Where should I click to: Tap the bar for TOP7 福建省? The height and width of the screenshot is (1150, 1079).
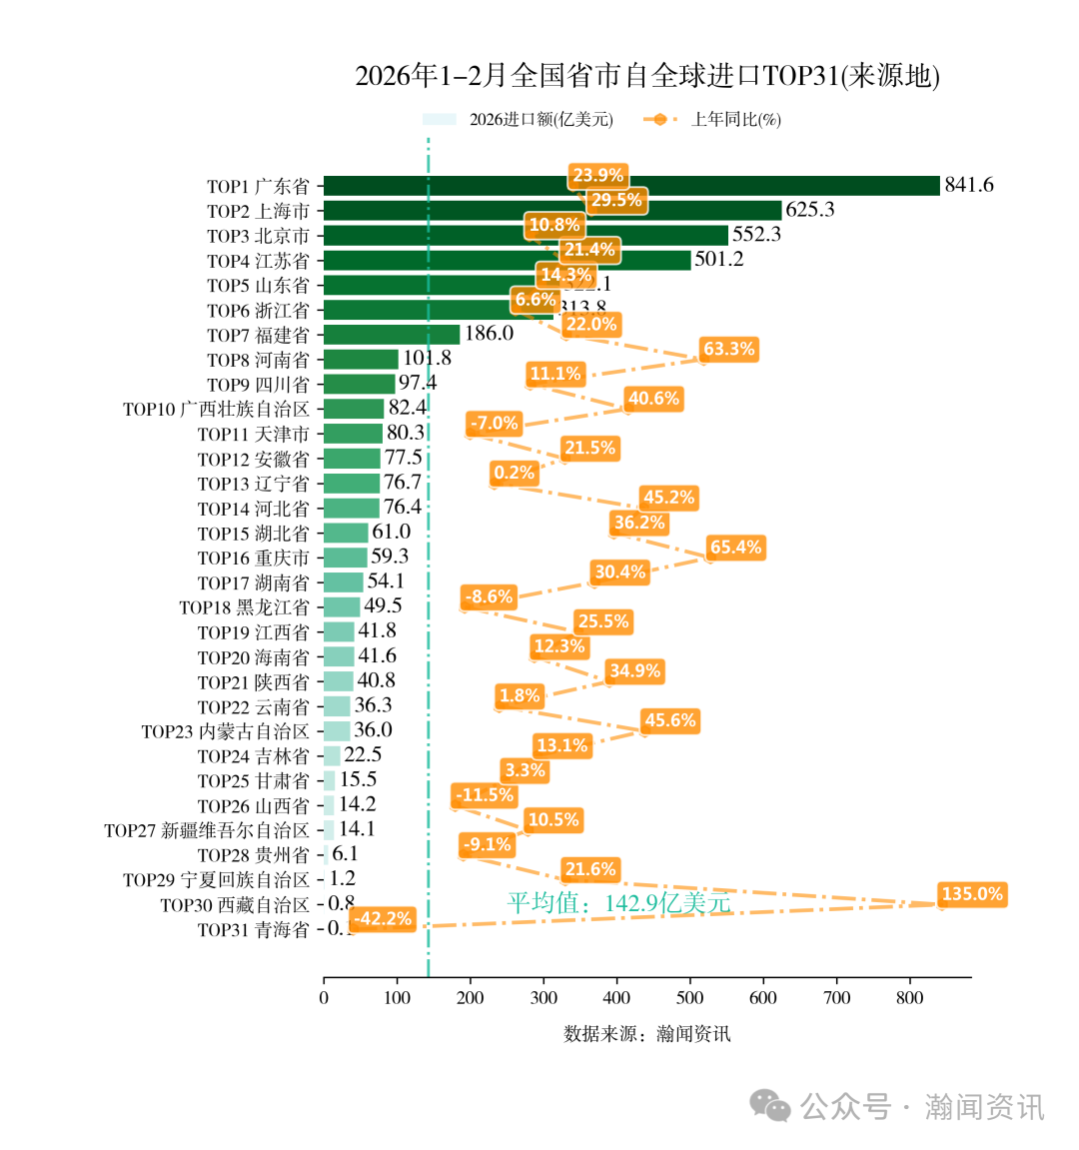[x=392, y=335]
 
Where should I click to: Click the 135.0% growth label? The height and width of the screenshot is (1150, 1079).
[x=971, y=894]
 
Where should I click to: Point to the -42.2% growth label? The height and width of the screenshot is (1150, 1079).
[x=383, y=919]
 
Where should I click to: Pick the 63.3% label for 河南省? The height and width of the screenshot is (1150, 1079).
[x=728, y=350]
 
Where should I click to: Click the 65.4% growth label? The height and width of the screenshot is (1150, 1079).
[x=735, y=548]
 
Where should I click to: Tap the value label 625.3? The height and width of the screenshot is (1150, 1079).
[x=809, y=210]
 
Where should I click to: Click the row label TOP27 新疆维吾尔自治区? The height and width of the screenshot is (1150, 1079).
[x=207, y=830]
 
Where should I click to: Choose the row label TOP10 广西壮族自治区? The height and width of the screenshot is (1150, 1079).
[x=216, y=410]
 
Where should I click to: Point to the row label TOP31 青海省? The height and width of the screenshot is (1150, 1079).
[x=253, y=930]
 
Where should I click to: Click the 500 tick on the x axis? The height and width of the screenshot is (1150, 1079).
[x=689, y=997]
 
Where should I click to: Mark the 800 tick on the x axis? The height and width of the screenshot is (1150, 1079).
[x=909, y=997]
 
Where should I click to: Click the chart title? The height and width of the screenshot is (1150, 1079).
[x=647, y=76]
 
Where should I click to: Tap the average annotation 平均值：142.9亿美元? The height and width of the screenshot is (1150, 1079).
[x=618, y=903]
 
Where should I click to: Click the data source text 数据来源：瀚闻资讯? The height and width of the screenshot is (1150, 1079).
[x=646, y=1034]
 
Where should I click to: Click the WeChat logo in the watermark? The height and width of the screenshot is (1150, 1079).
[x=770, y=1105]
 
